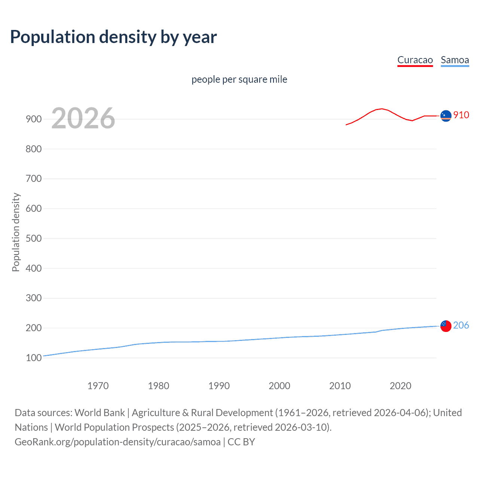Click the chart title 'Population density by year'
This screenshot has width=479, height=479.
(113, 37)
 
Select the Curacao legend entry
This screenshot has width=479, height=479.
(415, 60)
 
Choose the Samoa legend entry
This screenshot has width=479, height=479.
(455, 60)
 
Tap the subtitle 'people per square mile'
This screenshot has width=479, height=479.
(239, 79)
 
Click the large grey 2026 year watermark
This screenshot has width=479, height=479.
(83, 118)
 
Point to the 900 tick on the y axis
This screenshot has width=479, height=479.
(34, 119)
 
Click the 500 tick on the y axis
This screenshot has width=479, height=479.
(34, 239)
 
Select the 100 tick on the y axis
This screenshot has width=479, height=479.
(34, 358)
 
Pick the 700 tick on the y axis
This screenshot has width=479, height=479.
(34, 179)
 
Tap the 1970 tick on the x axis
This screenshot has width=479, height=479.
(98, 386)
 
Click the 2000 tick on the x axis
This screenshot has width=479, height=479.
(280, 386)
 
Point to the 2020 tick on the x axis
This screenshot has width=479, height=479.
(400, 386)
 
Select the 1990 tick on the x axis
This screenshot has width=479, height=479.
(219, 386)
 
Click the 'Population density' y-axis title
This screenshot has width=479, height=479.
(16, 232)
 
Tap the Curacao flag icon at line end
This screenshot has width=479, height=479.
(446, 116)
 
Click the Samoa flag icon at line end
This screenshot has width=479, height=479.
(446, 326)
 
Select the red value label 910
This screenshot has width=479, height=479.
(461, 115)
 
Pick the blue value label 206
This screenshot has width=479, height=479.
(461, 325)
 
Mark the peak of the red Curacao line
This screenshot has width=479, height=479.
(381, 109)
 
